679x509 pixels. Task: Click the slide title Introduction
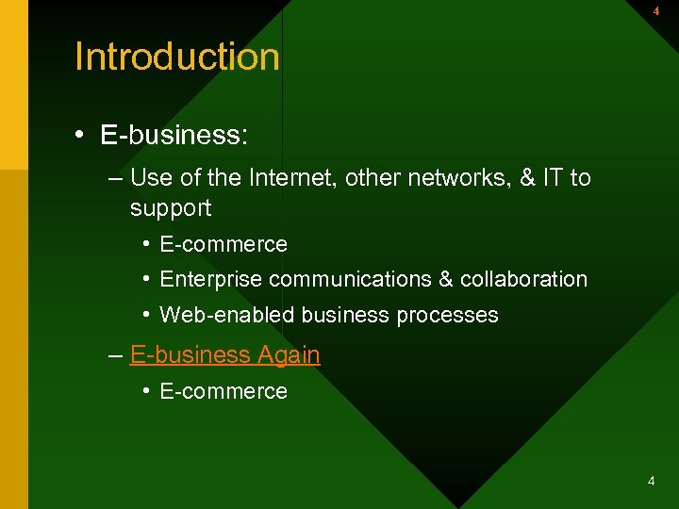pyautogui.click(x=177, y=57)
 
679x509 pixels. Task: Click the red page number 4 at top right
pyautogui.click(x=656, y=11)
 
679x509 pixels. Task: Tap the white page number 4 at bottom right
pyautogui.click(x=651, y=482)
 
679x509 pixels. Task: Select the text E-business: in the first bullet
pyautogui.click(x=174, y=135)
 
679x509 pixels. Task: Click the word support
pyautogui.click(x=171, y=207)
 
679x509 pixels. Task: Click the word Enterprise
pyautogui.click(x=211, y=279)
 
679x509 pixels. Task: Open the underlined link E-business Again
pyautogui.click(x=224, y=355)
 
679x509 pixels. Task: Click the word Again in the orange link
pyautogui.click(x=288, y=355)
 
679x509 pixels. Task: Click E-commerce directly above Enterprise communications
pyautogui.click(x=224, y=244)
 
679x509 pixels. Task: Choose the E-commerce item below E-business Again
pyautogui.click(x=224, y=391)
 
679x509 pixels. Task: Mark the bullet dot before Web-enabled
pyautogui.click(x=147, y=315)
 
